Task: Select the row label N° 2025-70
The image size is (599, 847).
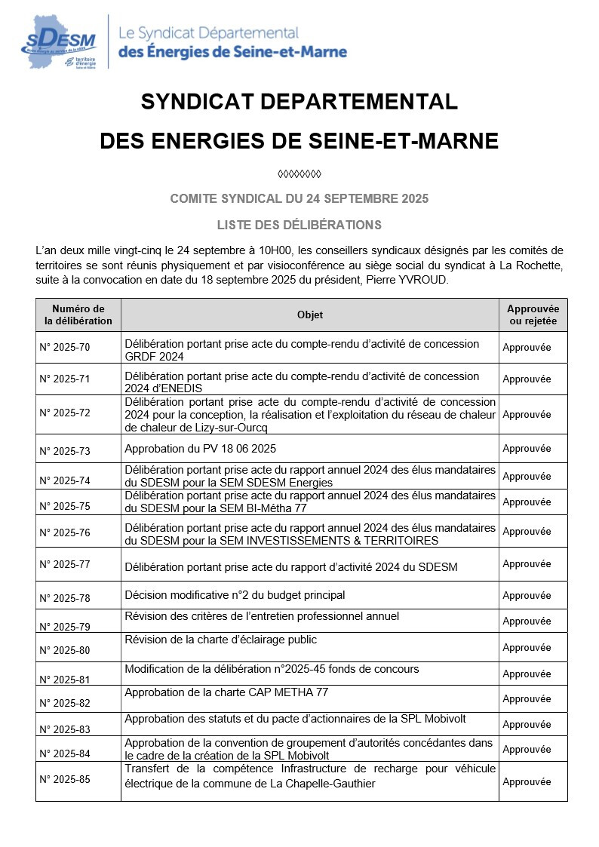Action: point(65,348)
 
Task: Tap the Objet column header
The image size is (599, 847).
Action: point(309,315)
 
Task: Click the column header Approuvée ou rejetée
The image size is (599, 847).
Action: point(533,315)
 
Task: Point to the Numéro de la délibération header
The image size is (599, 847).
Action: point(78,315)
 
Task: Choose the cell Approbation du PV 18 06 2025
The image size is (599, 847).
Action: point(200,448)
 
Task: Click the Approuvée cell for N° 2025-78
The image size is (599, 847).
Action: point(527,595)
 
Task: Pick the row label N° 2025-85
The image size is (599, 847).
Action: point(65,778)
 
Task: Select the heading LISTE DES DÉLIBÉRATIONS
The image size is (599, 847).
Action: point(299,225)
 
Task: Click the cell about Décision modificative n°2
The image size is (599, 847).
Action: point(235,595)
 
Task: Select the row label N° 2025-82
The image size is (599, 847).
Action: point(65,703)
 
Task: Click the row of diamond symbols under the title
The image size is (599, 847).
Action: point(299,174)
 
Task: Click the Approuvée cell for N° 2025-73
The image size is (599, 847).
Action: point(527,448)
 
